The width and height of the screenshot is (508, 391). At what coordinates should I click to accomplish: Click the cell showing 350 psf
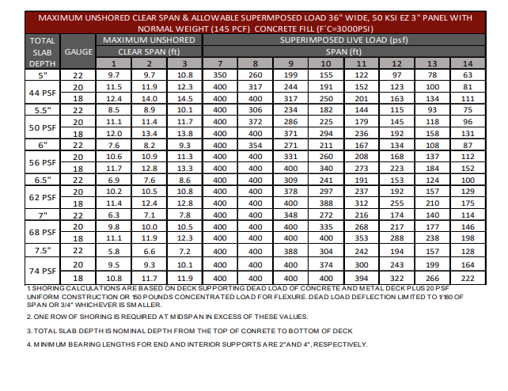coord(220,74)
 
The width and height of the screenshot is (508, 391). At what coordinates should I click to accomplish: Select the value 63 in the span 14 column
coord(468,74)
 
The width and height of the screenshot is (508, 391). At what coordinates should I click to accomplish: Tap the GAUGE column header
coord(78,51)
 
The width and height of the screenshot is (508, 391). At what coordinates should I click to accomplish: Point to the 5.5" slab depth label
coord(40,111)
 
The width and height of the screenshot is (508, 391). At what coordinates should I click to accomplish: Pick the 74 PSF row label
coord(40,271)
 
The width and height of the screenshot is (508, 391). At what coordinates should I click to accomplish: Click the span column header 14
coord(468,63)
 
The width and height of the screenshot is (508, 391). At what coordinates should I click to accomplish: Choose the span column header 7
coord(220,63)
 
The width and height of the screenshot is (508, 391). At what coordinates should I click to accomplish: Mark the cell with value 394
coord(361,278)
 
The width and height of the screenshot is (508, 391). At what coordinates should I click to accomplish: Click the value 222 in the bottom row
coord(468,278)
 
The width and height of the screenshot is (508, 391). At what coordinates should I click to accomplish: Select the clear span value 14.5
coord(184,98)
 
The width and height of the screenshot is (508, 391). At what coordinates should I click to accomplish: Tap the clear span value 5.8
coord(113,250)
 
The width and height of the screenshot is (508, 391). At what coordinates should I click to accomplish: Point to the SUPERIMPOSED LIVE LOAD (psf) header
coord(343,39)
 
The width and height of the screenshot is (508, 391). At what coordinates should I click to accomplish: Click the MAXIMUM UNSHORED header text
coord(149,39)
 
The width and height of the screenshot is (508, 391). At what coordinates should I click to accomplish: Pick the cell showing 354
coord(255,146)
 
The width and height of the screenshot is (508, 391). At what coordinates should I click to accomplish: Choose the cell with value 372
coord(255,122)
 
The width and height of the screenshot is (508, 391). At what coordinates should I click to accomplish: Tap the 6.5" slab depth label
coord(40,180)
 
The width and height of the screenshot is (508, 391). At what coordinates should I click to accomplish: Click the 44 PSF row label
coord(40,93)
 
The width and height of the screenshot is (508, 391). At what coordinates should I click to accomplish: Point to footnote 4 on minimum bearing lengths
coord(187,344)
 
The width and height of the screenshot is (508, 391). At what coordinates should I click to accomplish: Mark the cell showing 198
coord(468,238)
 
